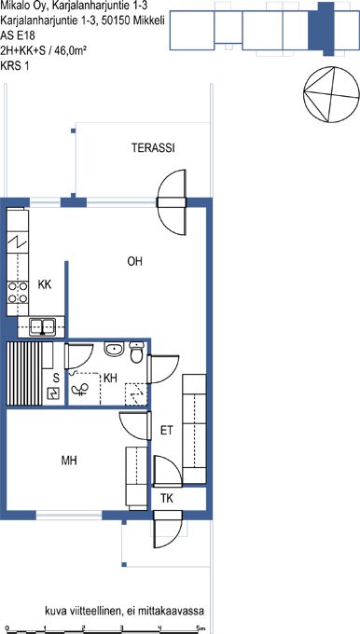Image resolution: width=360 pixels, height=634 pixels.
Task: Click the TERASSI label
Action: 153,148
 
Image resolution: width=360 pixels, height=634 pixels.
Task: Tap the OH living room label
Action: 134,262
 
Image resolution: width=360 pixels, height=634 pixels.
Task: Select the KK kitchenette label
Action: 45,284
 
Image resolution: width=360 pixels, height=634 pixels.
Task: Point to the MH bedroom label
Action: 69,461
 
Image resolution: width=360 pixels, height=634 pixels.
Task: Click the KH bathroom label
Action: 110,378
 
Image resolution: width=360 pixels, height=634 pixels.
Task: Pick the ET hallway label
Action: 167,431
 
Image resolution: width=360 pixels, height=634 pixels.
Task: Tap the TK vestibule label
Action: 167,499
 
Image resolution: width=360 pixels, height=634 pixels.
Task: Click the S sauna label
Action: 56,379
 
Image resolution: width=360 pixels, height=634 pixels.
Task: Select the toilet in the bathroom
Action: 137,352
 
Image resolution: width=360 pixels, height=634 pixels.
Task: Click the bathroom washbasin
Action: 115,349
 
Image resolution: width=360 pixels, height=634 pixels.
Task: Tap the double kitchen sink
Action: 43,326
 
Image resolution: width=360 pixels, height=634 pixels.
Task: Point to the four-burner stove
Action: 18,293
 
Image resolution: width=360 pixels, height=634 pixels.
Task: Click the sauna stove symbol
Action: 54,393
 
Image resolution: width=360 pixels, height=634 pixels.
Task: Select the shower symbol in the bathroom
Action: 79,390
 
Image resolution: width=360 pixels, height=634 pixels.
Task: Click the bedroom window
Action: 69,515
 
